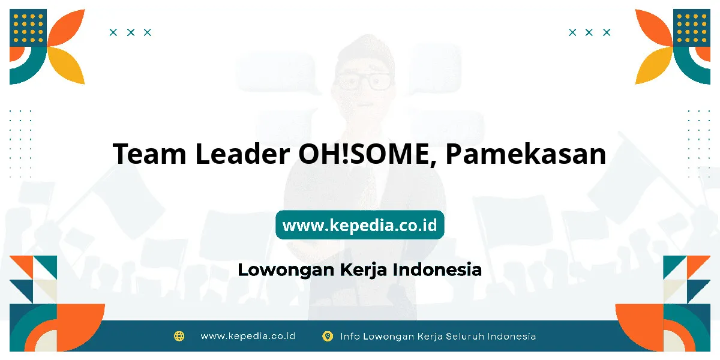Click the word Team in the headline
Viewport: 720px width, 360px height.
[149, 154]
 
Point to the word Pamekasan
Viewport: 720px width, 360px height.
[526, 154]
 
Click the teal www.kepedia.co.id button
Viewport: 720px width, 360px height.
[360, 225]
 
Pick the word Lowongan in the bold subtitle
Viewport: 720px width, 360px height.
[286, 270]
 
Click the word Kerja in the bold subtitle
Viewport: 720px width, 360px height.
[363, 270]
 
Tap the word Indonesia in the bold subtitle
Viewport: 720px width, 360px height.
[437, 269]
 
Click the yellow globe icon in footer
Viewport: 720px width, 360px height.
[179, 336]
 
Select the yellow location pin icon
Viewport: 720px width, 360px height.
[328, 336]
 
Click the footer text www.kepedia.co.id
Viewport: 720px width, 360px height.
[248, 336]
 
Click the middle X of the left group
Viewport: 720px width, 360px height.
[131, 32]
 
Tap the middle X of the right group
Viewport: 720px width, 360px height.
[589, 32]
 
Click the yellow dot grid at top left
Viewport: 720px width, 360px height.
[28, 28]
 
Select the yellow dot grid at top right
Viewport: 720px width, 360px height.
[692, 28]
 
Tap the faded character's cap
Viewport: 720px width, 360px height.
[365, 52]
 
